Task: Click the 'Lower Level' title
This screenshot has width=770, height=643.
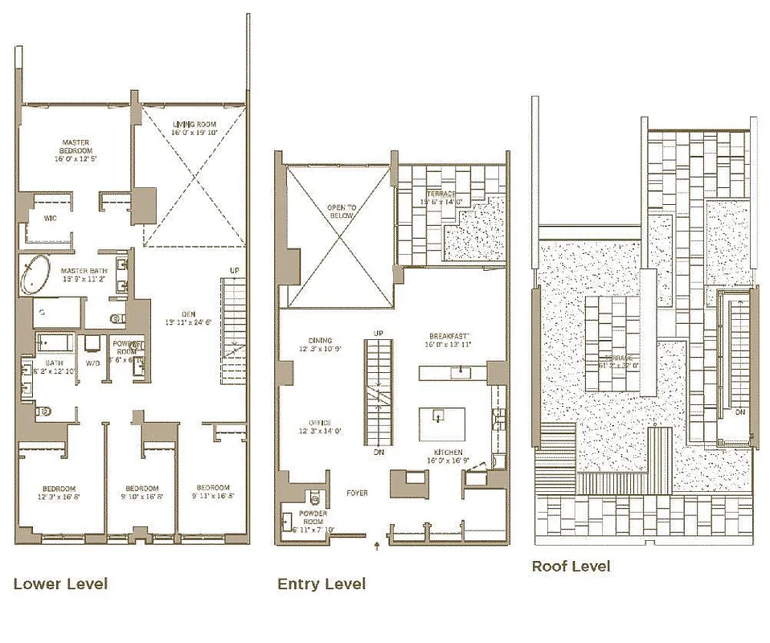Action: click(60, 584)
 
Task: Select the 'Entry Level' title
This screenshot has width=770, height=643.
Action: click(322, 584)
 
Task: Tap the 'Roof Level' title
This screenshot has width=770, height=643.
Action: click(571, 567)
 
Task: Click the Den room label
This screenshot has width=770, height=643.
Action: click(189, 317)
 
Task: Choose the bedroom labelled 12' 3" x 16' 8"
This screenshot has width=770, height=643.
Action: click(59, 492)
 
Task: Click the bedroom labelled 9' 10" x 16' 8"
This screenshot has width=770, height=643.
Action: click(141, 492)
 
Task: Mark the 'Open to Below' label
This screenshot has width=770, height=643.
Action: click(341, 211)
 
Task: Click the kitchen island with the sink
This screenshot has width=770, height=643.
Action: click(441, 424)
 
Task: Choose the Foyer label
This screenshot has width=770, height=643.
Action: click(358, 493)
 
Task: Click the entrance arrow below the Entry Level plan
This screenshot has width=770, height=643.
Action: click(377, 547)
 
